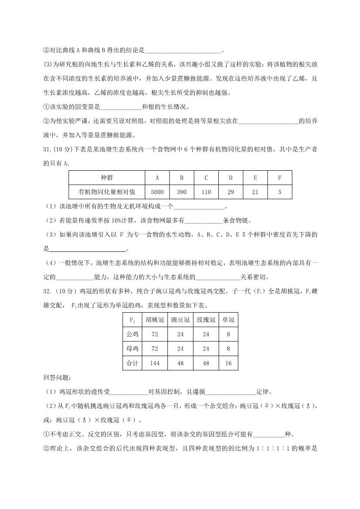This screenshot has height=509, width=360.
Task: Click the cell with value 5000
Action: pos(157,192)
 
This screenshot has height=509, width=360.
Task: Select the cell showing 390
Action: pos(181,192)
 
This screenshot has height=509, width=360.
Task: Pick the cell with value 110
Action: pos(206,192)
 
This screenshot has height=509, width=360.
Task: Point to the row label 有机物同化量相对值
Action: pos(107,192)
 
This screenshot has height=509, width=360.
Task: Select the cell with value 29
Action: pos(230,192)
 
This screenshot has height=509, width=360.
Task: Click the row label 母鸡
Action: pos(132,349)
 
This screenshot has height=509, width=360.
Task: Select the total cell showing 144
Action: pos(155,363)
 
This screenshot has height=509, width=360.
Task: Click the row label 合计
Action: pos(132,363)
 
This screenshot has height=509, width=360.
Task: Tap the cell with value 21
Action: pos(255,192)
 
